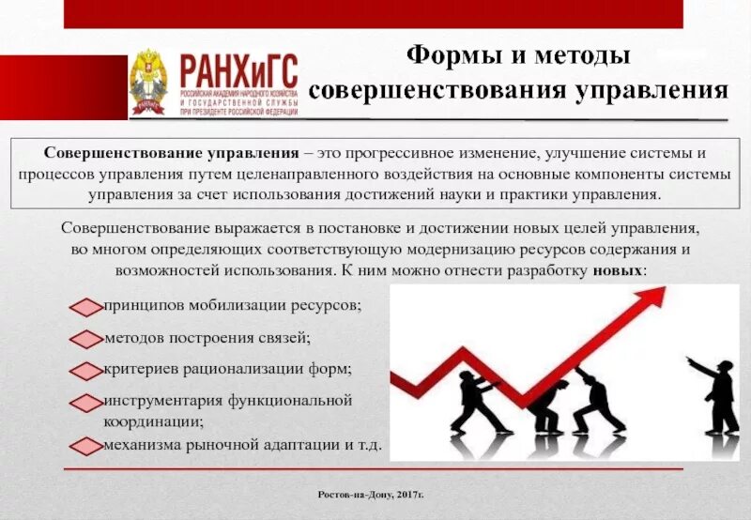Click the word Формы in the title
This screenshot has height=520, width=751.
click(449, 55)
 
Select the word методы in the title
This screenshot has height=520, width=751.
click(582, 55)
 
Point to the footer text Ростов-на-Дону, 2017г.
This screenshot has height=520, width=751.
click(375, 494)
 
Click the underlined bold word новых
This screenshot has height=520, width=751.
click(618, 269)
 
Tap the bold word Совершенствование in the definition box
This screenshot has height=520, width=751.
click(114, 153)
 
